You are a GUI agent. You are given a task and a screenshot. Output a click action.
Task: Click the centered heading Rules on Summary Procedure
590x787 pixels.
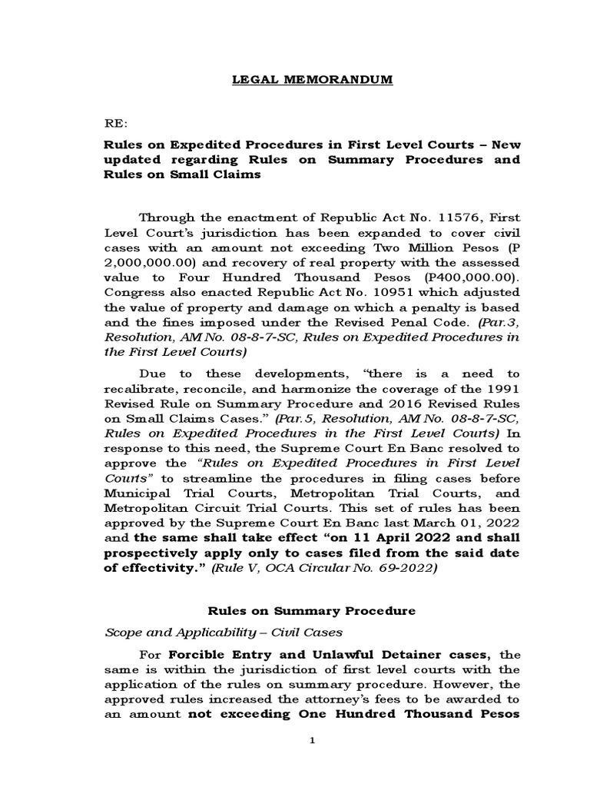[312, 611]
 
